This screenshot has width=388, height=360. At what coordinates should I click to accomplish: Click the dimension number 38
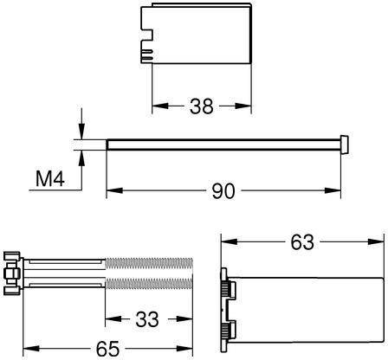[201, 106]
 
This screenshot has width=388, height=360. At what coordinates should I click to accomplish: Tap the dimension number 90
[223, 191]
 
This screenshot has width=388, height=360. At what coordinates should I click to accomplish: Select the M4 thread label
[50, 178]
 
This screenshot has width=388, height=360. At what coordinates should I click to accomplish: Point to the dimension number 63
[302, 242]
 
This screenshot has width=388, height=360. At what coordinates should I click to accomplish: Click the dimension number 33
[147, 319]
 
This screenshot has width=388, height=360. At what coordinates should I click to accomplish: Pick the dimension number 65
[107, 349]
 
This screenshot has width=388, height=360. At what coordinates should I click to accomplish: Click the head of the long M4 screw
[344, 144]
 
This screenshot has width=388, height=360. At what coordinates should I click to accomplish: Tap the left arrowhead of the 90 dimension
[114, 190]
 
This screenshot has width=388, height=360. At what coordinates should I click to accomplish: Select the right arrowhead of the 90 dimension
[333, 190]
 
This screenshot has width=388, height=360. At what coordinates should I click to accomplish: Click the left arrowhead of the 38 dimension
[160, 106]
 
